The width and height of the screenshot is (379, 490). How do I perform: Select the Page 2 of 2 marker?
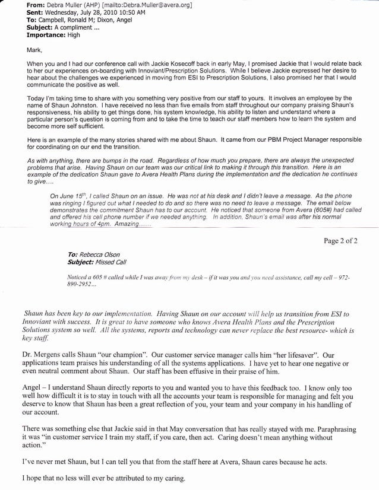[347, 241]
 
